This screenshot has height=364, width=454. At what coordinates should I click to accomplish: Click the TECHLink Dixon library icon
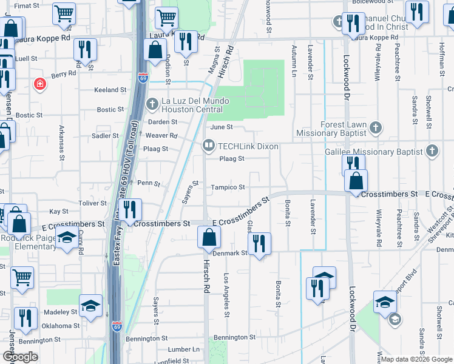[x=209, y=146]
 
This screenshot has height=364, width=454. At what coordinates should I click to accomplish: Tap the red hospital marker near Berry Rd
[x=41, y=84]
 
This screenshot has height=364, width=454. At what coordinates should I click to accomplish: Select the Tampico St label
[x=228, y=187]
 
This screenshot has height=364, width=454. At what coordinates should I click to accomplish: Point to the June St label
[x=222, y=127]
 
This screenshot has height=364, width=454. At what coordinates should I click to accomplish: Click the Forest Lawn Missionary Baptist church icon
[x=376, y=128]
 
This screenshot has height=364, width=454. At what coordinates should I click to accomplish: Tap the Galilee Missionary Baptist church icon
[x=432, y=150]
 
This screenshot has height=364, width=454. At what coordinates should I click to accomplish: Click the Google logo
[x=20, y=357]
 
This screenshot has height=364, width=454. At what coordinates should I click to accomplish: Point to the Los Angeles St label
[x=226, y=296]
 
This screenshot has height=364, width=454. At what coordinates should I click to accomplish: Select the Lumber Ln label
[x=183, y=349]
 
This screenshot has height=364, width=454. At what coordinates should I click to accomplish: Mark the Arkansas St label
[x=61, y=143]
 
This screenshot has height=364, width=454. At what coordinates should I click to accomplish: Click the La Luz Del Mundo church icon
[x=153, y=102]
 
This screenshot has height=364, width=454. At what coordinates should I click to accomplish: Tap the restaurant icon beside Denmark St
[x=259, y=244]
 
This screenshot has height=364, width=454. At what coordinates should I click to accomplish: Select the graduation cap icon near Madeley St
[x=90, y=306]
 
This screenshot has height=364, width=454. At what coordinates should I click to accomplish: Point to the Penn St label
[x=149, y=183]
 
